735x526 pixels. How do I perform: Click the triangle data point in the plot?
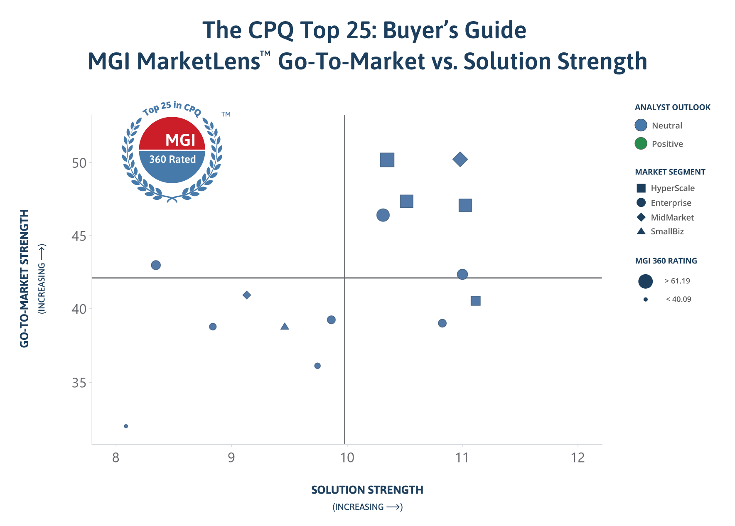(x=285, y=327)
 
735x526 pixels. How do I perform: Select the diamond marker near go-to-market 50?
(x=460, y=159)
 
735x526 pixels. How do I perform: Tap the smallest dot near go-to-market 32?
(x=126, y=426)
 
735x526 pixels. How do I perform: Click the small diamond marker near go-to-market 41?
(x=247, y=295)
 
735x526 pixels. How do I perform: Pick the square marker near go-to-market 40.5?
(x=476, y=301)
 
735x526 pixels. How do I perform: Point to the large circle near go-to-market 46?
(x=383, y=215)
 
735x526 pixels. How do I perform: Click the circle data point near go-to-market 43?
(x=156, y=265)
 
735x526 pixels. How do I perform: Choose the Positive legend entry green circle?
(x=641, y=144)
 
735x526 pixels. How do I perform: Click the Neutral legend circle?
(x=641, y=125)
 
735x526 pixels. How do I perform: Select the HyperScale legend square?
(x=641, y=188)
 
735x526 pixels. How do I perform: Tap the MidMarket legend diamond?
(x=641, y=217)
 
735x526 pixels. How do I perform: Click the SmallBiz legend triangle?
(x=641, y=231)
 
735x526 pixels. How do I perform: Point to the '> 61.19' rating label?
(x=677, y=281)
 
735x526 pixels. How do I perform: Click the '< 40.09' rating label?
(x=678, y=299)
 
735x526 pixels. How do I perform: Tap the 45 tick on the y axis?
(x=79, y=236)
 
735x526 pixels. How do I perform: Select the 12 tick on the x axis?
(x=578, y=458)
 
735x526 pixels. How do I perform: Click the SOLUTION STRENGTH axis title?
(x=367, y=490)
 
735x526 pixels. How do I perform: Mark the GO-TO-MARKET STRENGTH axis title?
(x=25, y=278)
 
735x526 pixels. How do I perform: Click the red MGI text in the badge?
(x=180, y=140)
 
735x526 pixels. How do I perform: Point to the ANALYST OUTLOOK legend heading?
(x=673, y=107)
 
